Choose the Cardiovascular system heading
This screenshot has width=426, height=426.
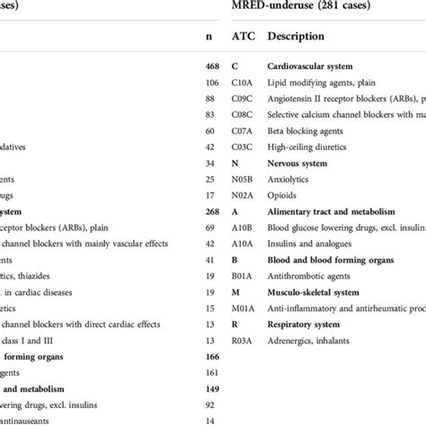click(315, 67)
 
